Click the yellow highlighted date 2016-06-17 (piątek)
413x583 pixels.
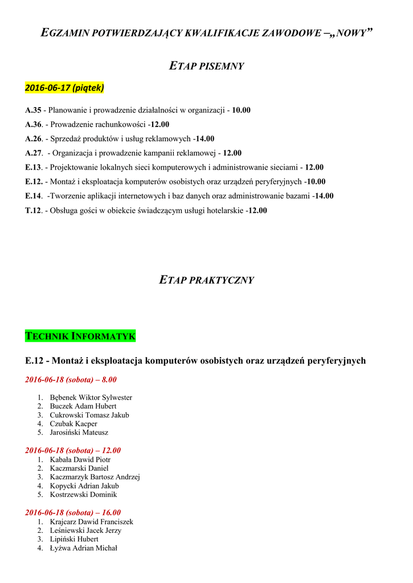pyautogui.click(x=64, y=88)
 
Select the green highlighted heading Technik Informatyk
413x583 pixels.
pyautogui.click(x=80, y=336)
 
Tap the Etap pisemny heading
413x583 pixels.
pyautogui.click(x=207, y=66)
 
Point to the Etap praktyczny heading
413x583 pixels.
pyautogui.click(x=206, y=280)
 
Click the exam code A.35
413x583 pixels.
pyautogui.click(x=33, y=110)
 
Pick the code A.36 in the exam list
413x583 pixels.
pyautogui.click(x=33, y=124)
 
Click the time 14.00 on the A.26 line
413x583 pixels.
pyautogui.click(x=205, y=138)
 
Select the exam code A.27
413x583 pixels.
pyautogui.click(x=33, y=153)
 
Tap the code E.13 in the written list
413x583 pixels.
pyautogui.click(x=33, y=167)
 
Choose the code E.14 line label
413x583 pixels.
pyautogui.click(x=33, y=196)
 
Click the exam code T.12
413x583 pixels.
pyautogui.click(x=33, y=210)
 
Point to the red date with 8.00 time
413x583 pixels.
pyautogui.click(x=71, y=380)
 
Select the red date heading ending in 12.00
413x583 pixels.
pyautogui.click(x=73, y=450)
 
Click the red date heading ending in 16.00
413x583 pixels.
pyautogui.click(x=73, y=512)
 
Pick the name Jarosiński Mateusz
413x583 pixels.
pyautogui.click(x=79, y=432)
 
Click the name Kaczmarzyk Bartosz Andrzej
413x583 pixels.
pyautogui.click(x=95, y=477)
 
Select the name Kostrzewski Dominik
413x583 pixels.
pyautogui.click(x=83, y=495)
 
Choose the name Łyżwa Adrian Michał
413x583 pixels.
pyautogui.click(x=83, y=548)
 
